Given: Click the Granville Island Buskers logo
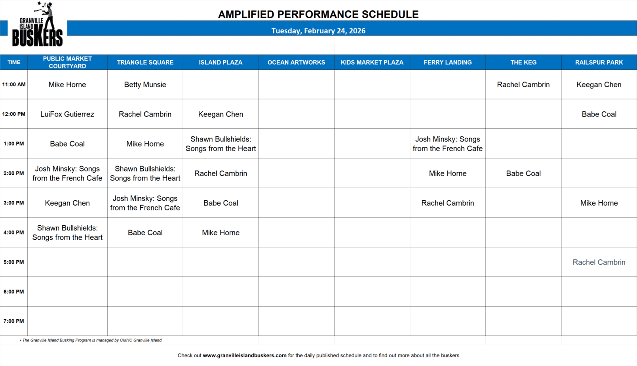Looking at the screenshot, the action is tap(37, 24).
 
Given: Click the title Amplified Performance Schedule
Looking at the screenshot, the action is tap(318, 14).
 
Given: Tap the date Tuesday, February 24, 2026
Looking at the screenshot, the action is tap(318, 31).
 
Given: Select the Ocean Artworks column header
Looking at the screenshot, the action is tap(296, 62).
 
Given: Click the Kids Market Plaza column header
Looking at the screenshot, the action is tap(372, 62).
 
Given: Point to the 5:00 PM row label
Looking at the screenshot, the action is tap(13, 262).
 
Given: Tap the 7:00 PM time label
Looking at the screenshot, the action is tap(13, 321).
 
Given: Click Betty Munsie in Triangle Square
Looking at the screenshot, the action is tap(145, 84).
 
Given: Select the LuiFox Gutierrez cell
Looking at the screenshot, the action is tap(67, 114).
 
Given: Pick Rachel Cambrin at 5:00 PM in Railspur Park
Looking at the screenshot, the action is tap(599, 262).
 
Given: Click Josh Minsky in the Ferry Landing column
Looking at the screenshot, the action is tap(448, 144).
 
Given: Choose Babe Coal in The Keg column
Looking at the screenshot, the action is tap(523, 173).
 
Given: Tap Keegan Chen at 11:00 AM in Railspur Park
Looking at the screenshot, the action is tap(599, 84).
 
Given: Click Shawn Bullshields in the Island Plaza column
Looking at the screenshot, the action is tap(221, 144).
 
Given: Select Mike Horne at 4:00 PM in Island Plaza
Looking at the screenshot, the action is tap(221, 233).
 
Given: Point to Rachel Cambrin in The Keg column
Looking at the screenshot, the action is tap(523, 84).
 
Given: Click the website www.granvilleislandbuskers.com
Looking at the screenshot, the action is tap(245, 355).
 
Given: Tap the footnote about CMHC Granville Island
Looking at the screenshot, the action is tap(91, 340).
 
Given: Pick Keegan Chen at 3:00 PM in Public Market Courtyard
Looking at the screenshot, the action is tap(67, 203).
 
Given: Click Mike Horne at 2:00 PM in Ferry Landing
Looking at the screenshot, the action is tap(448, 173).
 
